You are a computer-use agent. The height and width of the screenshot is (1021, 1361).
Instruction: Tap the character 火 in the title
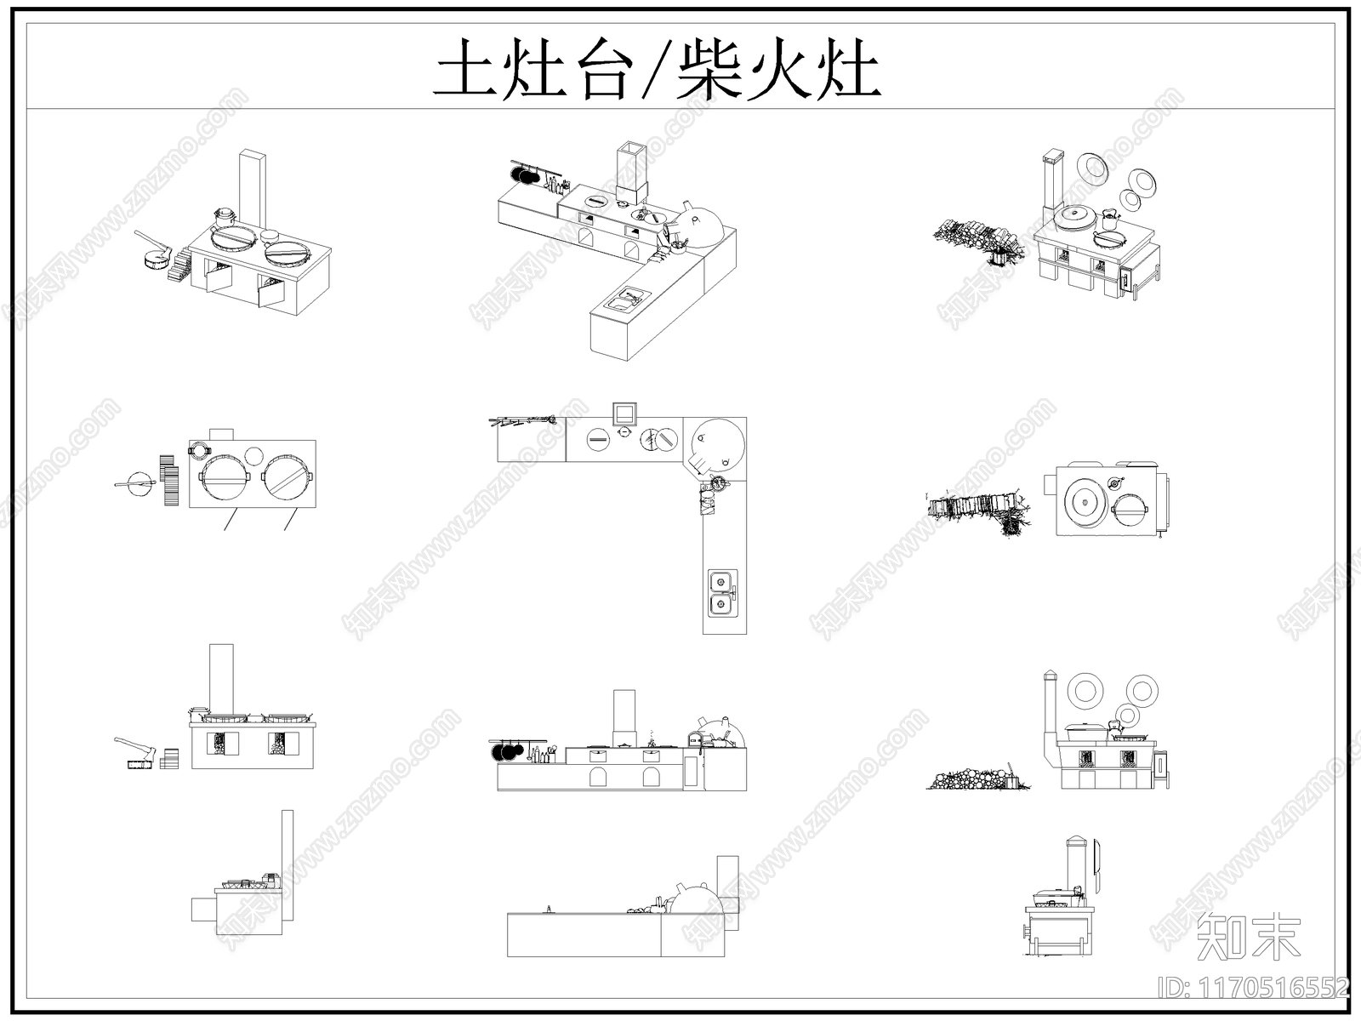click(x=777, y=69)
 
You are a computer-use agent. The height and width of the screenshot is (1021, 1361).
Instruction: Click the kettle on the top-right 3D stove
click(x=1111, y=219)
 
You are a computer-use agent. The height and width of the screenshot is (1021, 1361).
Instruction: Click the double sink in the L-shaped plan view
click(x=722, y=591)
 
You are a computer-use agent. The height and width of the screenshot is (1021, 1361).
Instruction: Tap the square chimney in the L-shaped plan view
click(x=624, y=414)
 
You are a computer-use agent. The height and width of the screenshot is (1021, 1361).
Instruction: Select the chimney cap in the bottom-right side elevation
click(x=1075, y=842)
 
